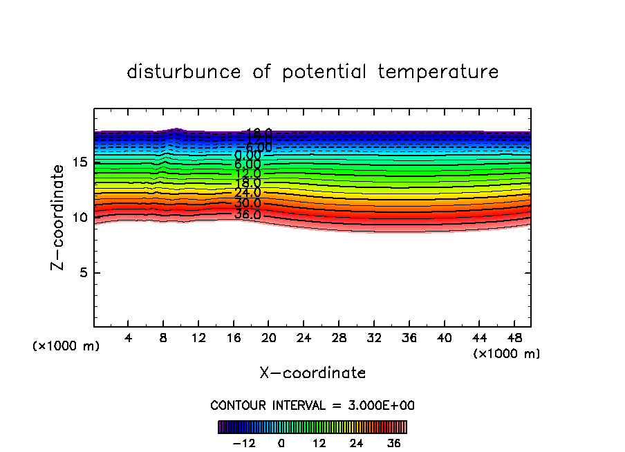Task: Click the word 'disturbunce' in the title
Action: coord(184,72)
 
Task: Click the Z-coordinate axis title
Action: coord(59,217)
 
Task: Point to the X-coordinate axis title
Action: coord(312,373)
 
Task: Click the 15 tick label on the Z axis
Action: coord(79,162)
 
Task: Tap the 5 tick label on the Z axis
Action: coord(82,273)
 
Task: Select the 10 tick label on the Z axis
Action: coord(79,218)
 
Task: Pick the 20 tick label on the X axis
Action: coord(268,338)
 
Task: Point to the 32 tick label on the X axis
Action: coord(373,338)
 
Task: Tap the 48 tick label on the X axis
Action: coord(514,338)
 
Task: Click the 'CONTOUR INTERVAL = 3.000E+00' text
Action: coord(312,406)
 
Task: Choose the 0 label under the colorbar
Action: coord(281,443)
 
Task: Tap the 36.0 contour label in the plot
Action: coord(248,214)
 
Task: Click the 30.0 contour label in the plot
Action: coord(248,204)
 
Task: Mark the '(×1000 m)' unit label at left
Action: coord(66,346)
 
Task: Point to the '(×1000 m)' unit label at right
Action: coord(507,354)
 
